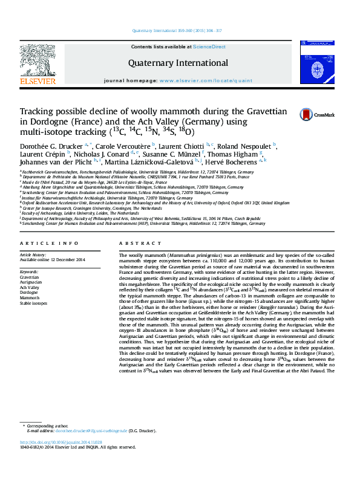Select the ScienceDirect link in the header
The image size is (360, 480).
click(x=209, y=47)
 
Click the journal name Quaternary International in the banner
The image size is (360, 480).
click(x=178, y=63)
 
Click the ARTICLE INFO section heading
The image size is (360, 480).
click(x=49, y=260)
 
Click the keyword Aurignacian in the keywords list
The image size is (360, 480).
click(x=31, y=282)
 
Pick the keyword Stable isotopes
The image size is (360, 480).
click(x=34, y=303)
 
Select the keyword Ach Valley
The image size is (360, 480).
click(x=30, y=287)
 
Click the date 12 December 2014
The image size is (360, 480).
click(x=68, y=277)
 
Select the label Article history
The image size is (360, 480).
click(x=33, y=272)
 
